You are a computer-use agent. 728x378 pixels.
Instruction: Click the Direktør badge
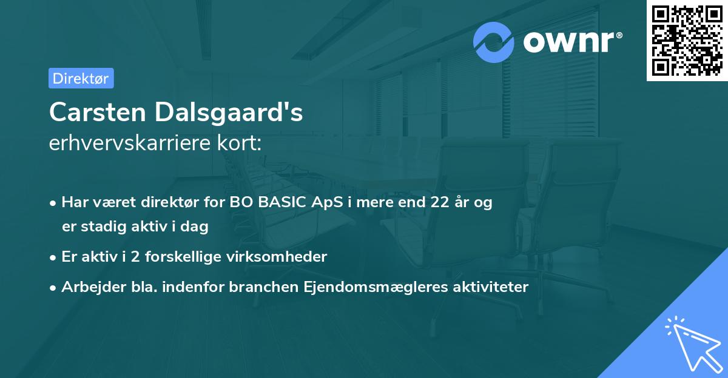point(81,78)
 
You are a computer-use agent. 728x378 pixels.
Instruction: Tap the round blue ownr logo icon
point(494,42)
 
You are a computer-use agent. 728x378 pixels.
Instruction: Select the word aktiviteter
point(491,287)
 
